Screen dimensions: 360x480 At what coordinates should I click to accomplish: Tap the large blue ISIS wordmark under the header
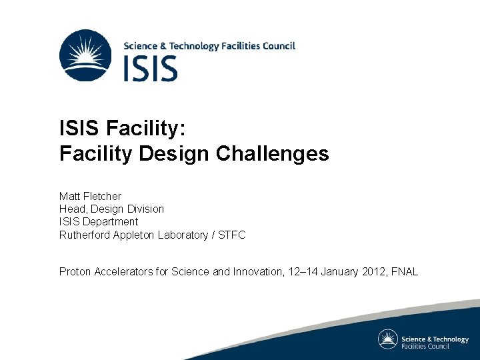(151, 69)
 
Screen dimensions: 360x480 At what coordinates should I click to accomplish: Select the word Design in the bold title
(175, 154)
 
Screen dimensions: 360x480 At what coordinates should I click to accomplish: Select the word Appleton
(136, 235)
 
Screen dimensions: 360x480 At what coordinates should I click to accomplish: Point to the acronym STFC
(233, 235)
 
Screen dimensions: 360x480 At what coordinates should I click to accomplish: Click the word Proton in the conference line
(75, 271)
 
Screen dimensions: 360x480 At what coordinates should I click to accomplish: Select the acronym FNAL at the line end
(406, 271)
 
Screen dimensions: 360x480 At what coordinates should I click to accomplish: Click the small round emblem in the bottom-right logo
(388, 339)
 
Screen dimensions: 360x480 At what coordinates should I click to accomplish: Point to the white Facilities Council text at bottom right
(425, 346)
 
